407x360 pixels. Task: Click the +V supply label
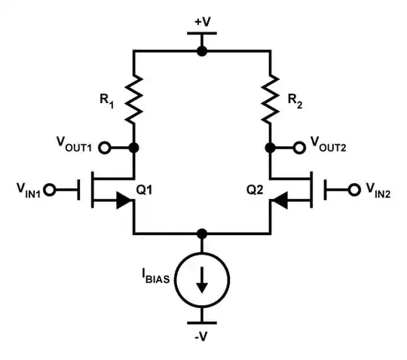tap(202, 22)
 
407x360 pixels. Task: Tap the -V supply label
tap(202, 336)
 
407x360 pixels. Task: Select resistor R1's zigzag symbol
tap(134, 98)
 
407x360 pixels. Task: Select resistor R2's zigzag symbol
tap(271, 98)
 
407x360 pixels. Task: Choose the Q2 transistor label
tap(254, 190)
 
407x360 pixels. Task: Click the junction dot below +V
tap(202, 51)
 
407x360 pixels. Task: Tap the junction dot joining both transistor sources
tap(202, 233)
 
